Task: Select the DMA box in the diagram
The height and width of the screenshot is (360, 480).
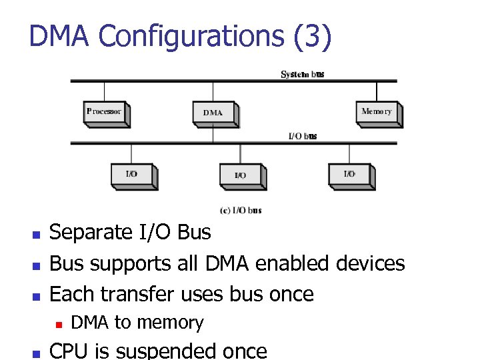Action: coord(213,113)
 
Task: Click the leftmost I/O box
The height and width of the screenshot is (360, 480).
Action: coord(132,175)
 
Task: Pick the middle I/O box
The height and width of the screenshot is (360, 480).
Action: coord(241,175)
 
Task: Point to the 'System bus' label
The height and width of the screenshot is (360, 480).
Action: coord(303,74)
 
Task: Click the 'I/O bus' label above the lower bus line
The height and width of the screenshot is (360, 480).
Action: coord(302,136)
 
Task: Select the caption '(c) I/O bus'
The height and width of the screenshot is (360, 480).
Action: coord(241,211)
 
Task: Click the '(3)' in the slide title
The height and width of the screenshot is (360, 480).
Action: coord(311,37)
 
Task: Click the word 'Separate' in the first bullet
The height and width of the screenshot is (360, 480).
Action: coord(91,233)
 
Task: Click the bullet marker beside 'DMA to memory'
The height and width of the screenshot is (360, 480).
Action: coord(58,325)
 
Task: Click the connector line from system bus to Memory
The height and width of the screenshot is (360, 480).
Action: coord(377,91)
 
